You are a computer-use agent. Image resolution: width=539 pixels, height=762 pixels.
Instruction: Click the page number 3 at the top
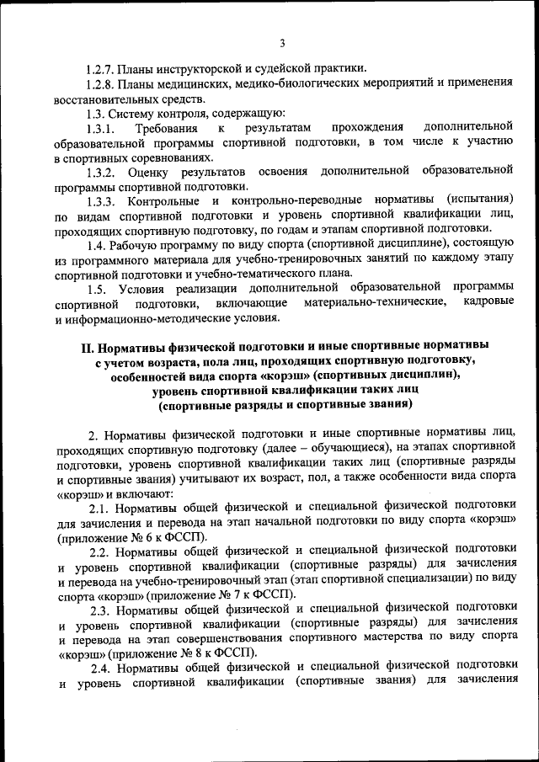click(x=282, y=43)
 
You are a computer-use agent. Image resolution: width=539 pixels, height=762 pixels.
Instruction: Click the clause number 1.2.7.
click(x=101, y=68)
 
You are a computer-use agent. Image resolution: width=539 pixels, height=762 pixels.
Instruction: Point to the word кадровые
click(x=488, y=304)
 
